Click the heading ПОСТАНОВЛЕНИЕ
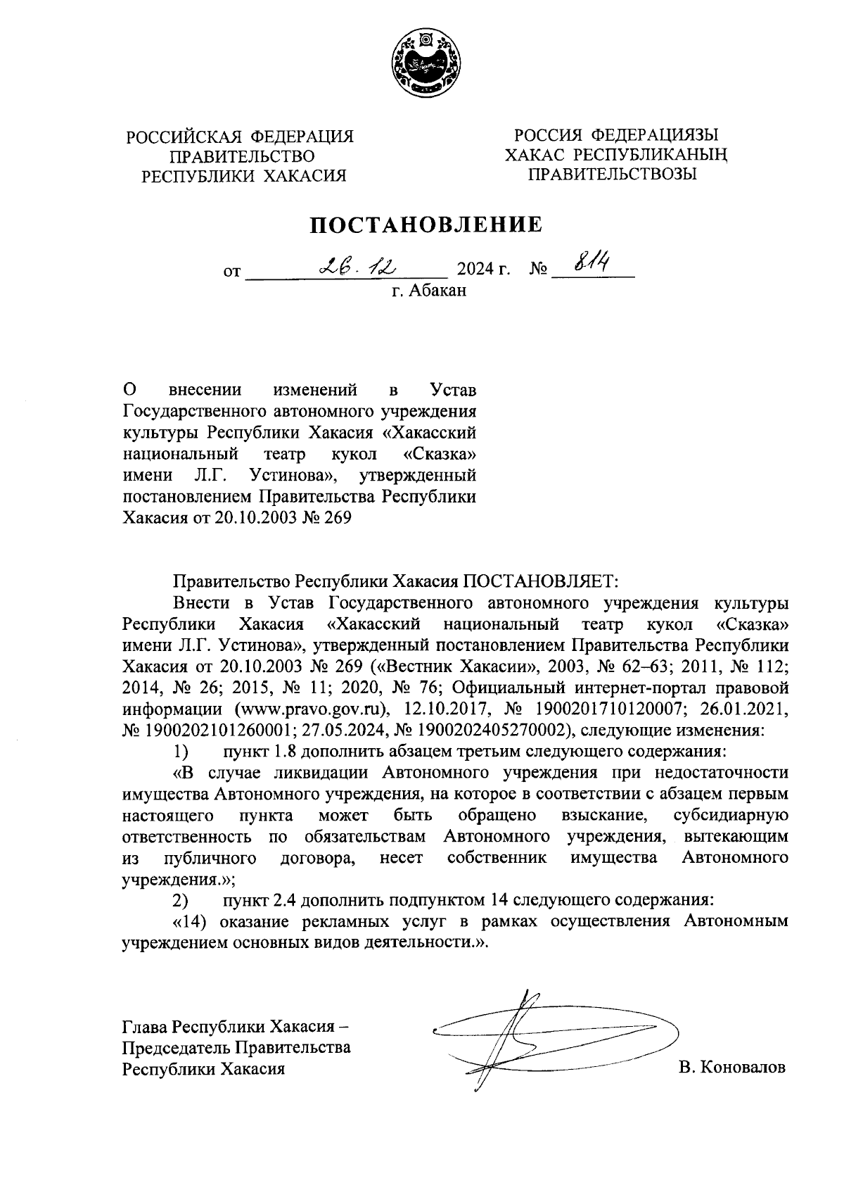(x=428, y=225)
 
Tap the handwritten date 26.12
(x=358, y=266)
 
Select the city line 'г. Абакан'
(x=428, y=289)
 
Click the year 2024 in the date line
(x=476, y=270)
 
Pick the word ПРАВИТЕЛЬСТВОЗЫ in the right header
(x=612, y=173)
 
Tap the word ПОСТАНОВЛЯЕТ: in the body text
(x=539, y=581)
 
